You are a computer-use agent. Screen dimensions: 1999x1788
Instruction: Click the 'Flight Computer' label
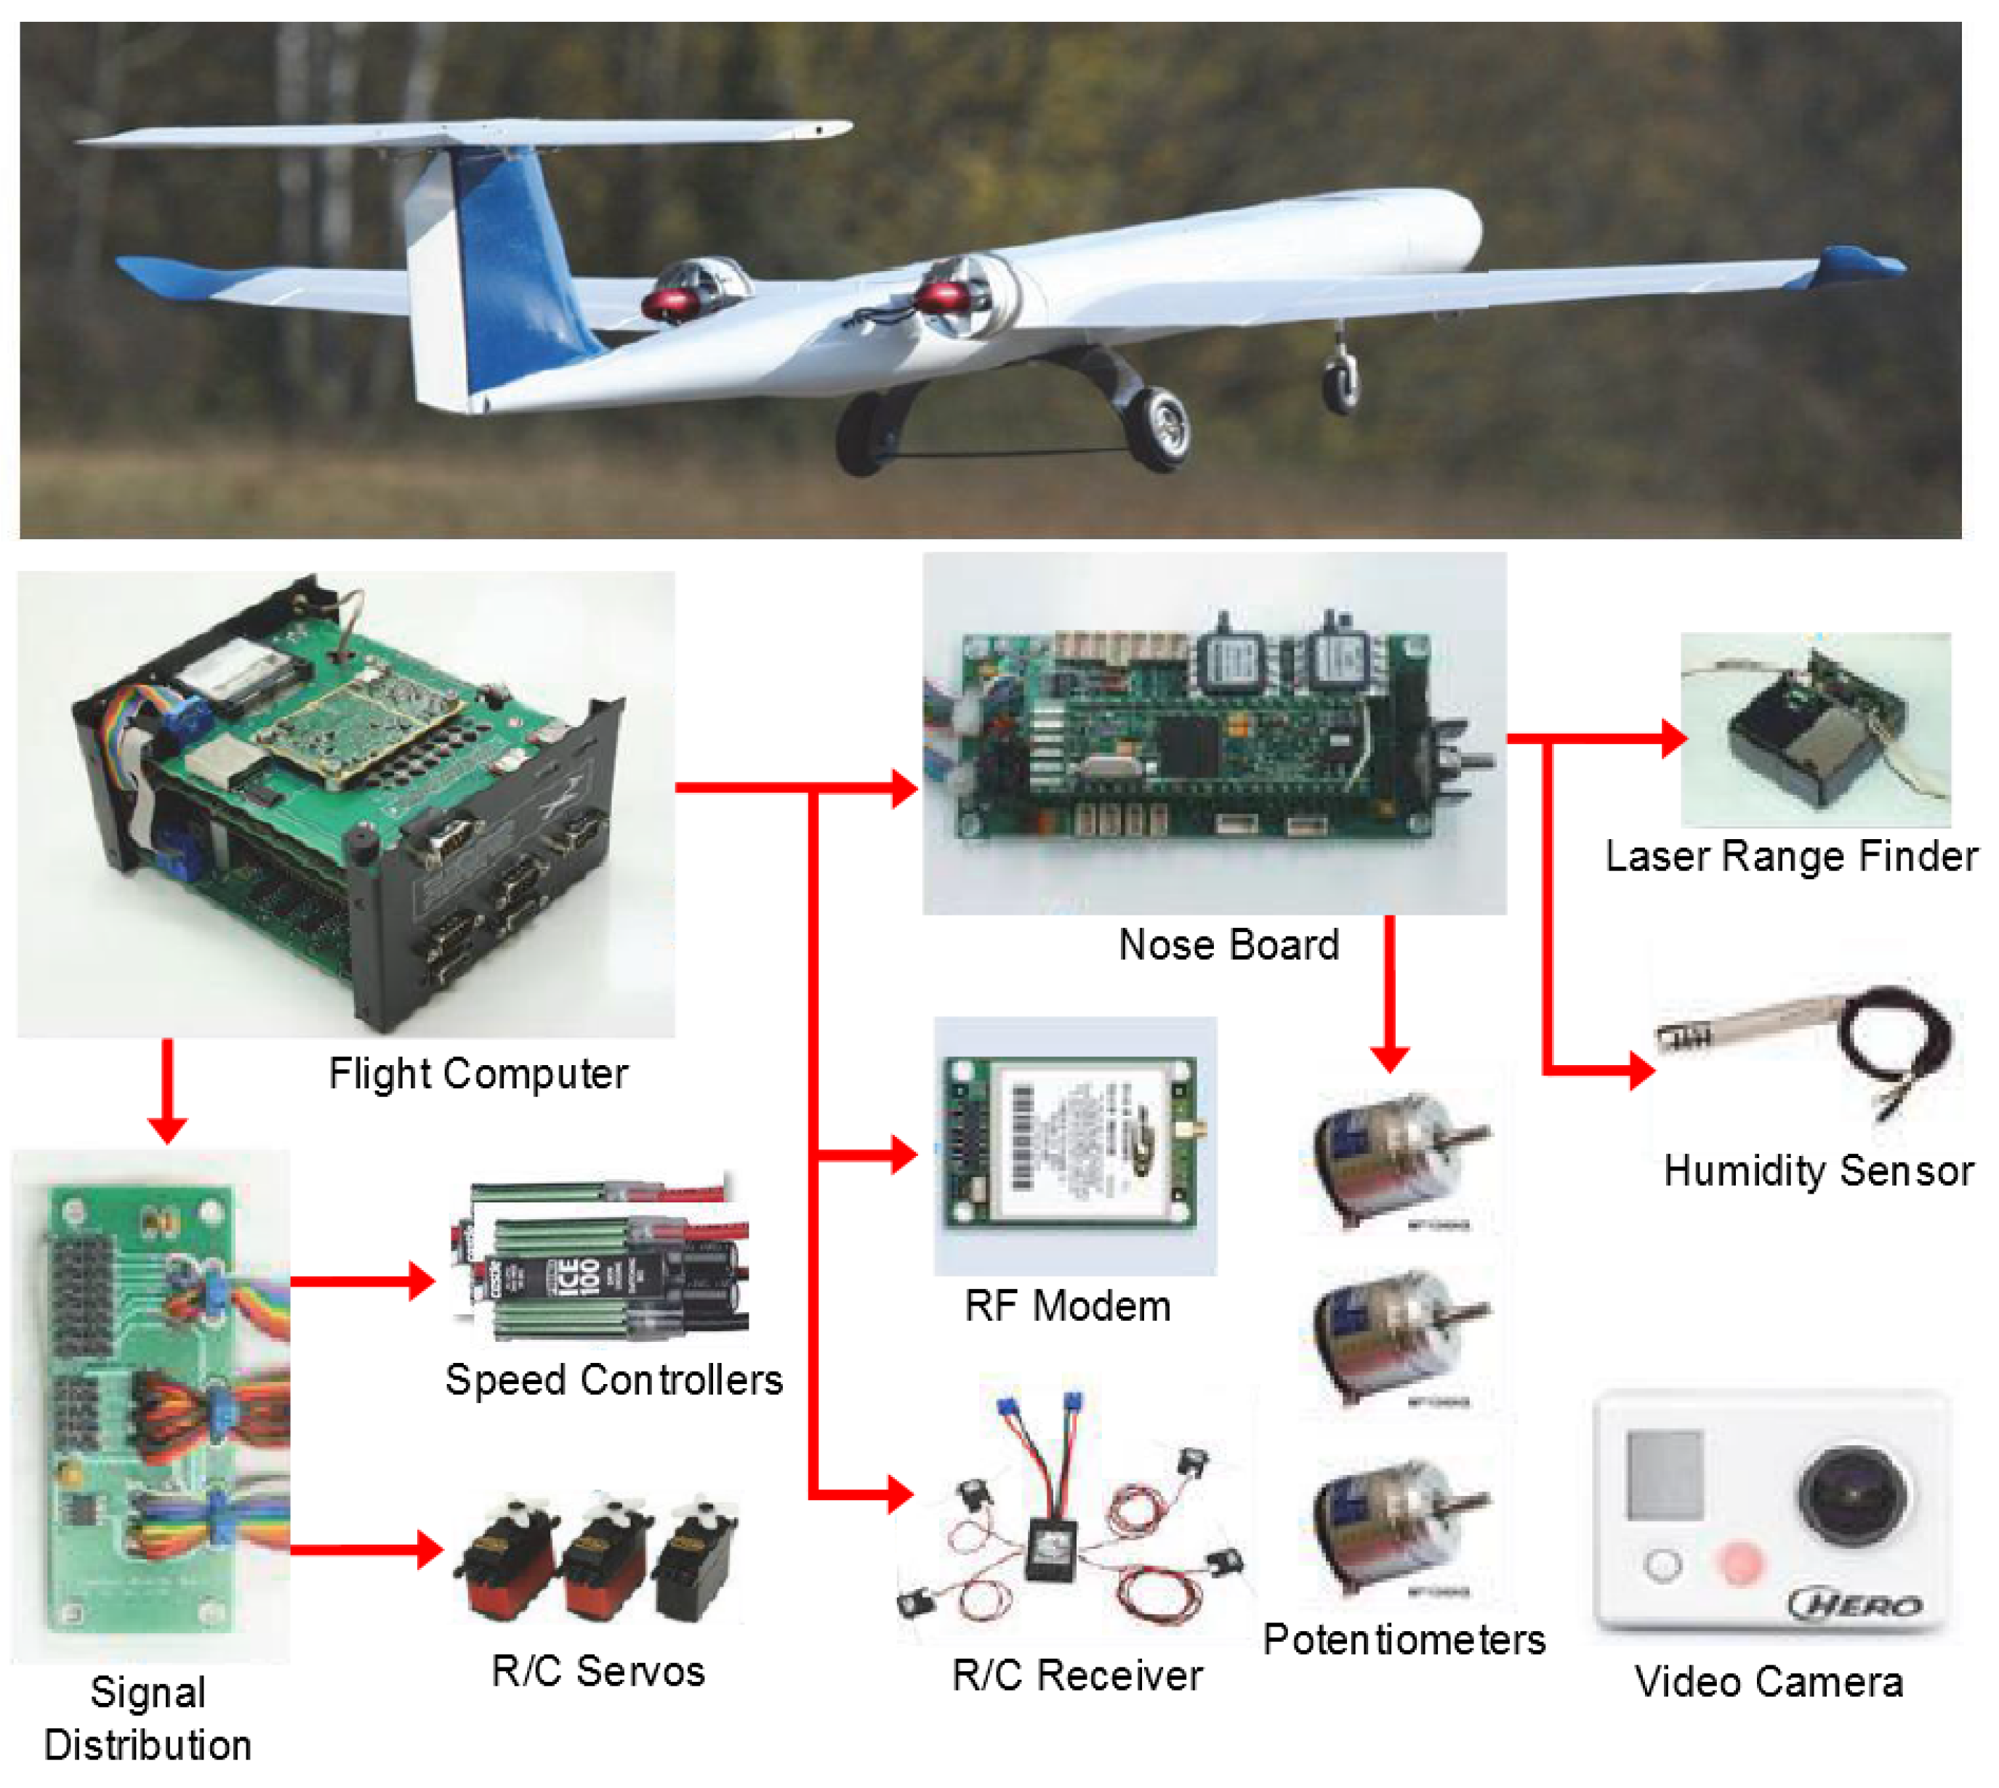478,1074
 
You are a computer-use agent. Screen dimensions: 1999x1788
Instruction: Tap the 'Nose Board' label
1228,945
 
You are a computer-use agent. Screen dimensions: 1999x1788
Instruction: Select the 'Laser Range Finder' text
1790,857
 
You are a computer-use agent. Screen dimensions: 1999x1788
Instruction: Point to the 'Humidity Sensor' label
1818,1171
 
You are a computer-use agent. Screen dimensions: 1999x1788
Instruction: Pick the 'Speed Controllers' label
614,1380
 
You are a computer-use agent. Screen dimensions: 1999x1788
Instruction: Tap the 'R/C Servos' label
598,1671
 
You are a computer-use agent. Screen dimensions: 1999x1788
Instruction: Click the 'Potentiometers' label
1404,1640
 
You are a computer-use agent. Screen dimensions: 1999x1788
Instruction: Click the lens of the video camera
1854,1495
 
